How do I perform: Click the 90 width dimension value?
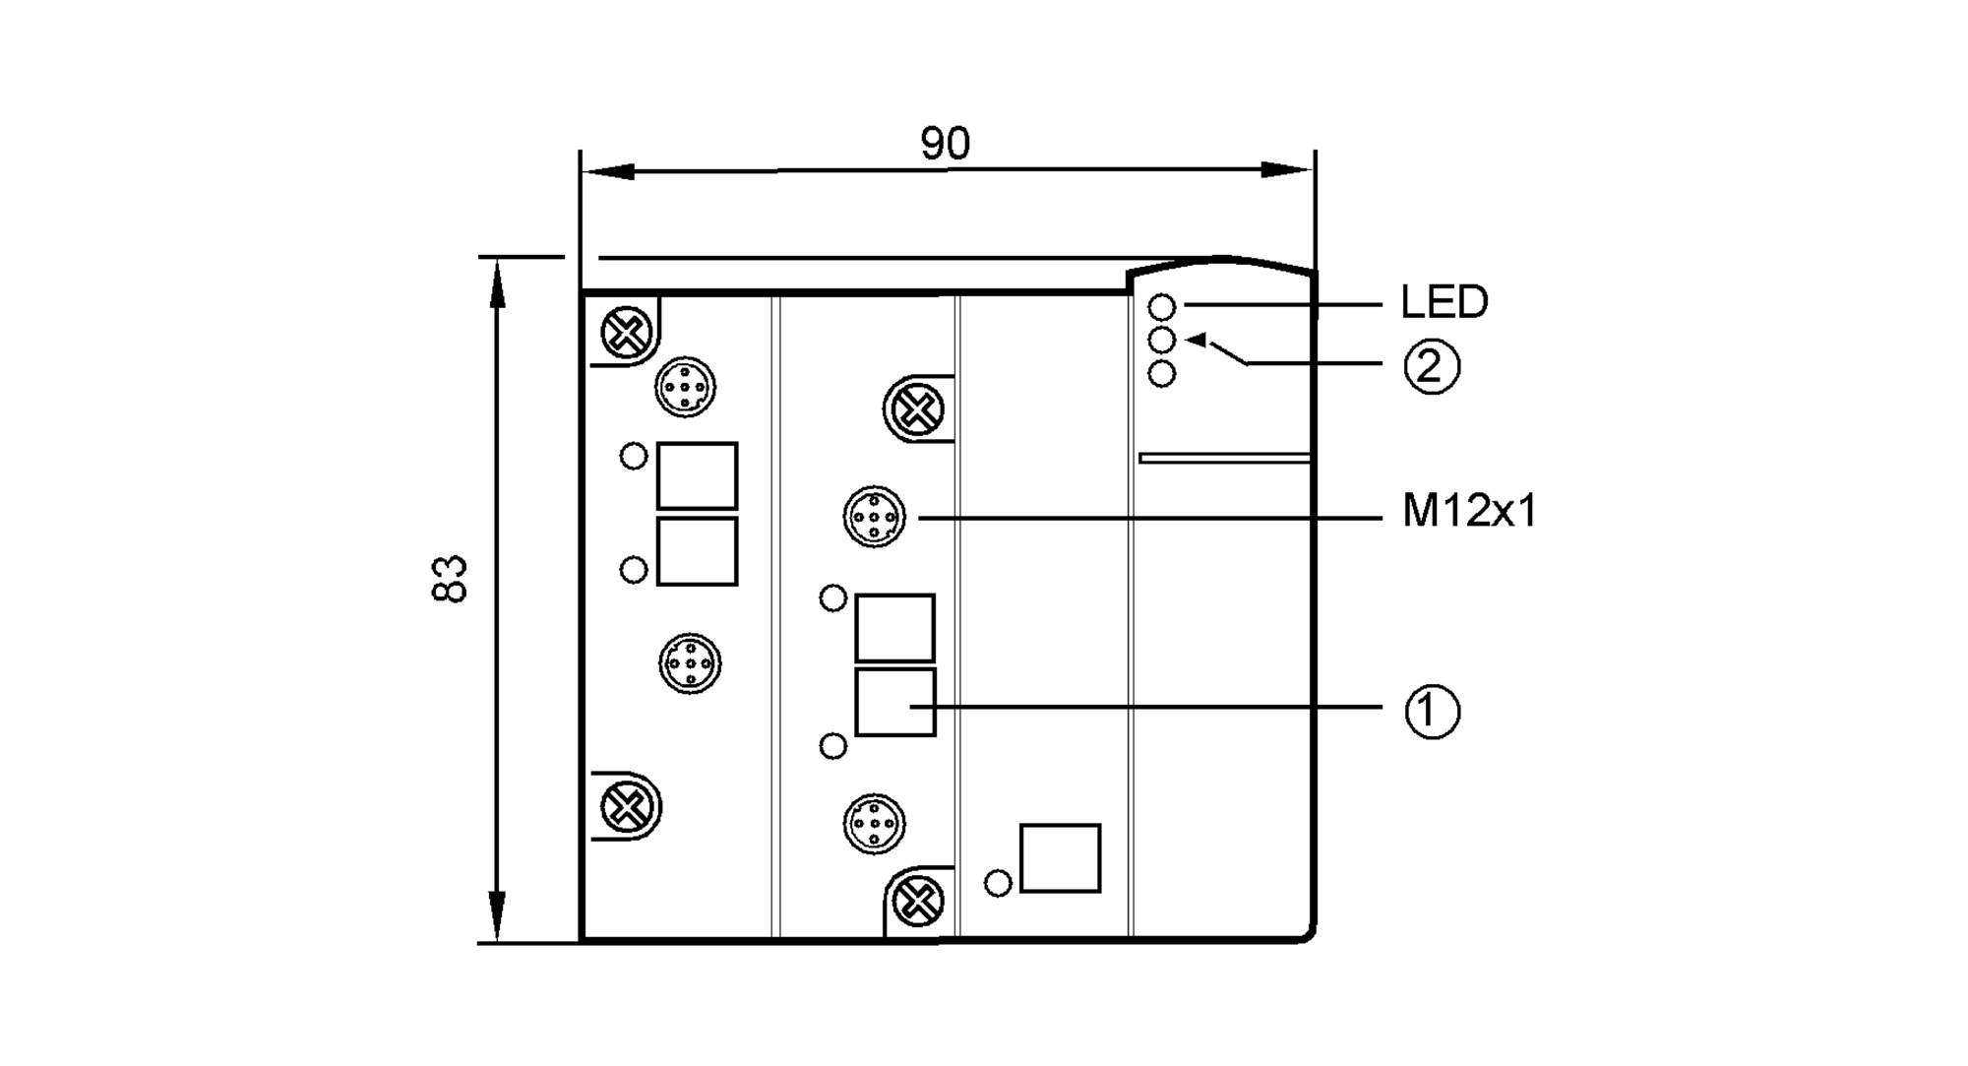(x=945, y=144)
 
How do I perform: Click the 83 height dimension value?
(x=449, y=579)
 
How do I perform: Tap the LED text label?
(x=1444, y=302)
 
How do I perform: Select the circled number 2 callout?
(x=1431, y=366)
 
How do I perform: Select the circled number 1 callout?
(x=1431, y=711)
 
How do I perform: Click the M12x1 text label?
(x=1468, y=512)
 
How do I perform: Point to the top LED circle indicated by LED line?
(x=1162, y=307)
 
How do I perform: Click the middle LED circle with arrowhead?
(x=1162, y=341)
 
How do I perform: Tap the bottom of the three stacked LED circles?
(x=1162, y=374)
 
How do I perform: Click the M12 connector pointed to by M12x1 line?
(x=874, y=516)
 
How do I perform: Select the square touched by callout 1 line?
(x=894, y=703)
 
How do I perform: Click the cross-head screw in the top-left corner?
(x=627, y=334)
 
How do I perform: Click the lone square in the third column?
(x=1060, y=858)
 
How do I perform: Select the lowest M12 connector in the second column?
(x=874, y=823)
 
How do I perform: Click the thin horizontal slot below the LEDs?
(x=1224, y=458)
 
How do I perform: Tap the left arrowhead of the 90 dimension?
(x=602, y=172)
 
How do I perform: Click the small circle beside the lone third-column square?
(x=998, y=883)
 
